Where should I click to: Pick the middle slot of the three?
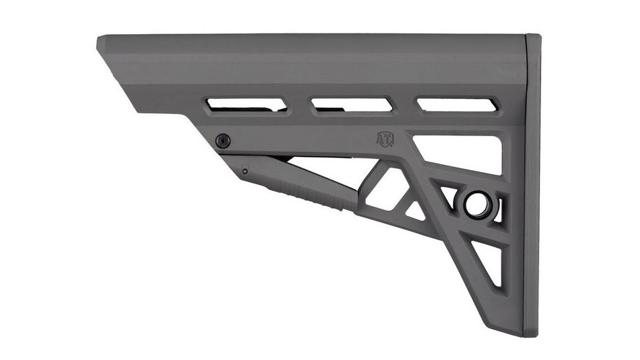[x=351, y=104]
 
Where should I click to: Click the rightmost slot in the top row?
[x=457, y=104]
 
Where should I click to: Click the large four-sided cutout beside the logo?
[x=458, y=154]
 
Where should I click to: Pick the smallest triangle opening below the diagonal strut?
[x=413, y=211]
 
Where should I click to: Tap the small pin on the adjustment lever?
[x=245, y=171]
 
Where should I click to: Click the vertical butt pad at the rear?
[x=532, y=183]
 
